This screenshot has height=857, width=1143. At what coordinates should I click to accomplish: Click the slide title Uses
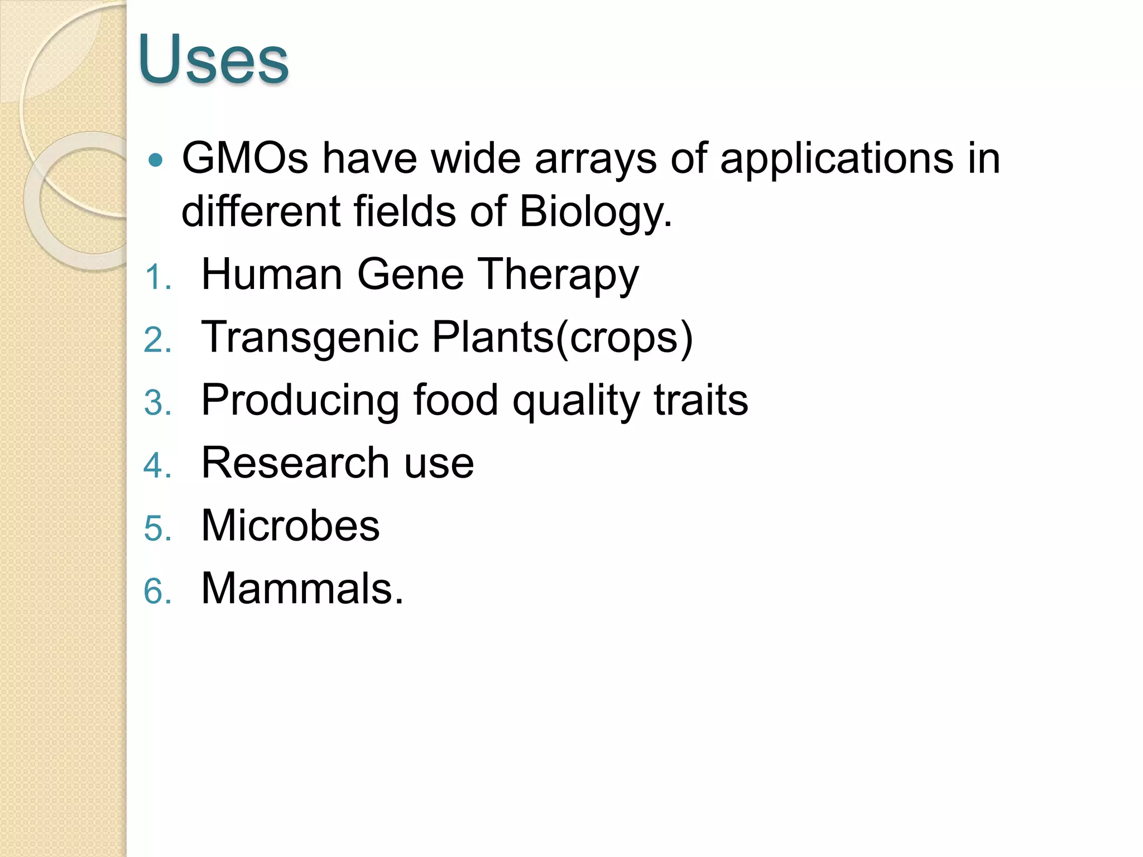pyautogui.click(x=213, y=60)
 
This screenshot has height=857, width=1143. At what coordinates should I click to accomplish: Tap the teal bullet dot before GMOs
pyautogui.click(x=156, y=161)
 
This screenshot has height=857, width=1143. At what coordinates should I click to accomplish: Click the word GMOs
pyautogui.click(x=245, y=158)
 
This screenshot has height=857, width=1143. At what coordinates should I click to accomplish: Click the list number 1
pyautogui.click(x=156, y=277)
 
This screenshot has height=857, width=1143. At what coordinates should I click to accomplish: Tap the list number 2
pyautogui.click(x=156, y=340)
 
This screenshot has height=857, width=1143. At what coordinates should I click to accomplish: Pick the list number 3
pyautogui.click(x=156, y=403)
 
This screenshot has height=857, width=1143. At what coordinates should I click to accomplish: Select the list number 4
pyautogui.click(x=156, y=465)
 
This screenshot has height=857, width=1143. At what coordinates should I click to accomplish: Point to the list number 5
pyautogui.click(x=156, y=528)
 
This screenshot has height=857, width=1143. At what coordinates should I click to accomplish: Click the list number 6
pyautogui.click(x=156, y=591)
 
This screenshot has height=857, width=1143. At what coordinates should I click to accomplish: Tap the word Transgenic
pyautogui.click(x=310, y=338)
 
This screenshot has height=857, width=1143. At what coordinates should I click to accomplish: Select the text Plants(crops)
pyautogui.click(x=562, y=338)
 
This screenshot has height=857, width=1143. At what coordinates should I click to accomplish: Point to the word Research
pyautogui.click(x=295, y=463)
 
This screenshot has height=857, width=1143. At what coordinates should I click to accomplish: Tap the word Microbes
pyautogui.click(x=290, y=526)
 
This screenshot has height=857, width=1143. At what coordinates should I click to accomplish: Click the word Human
pyautogui.click(x=272, y=275)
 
